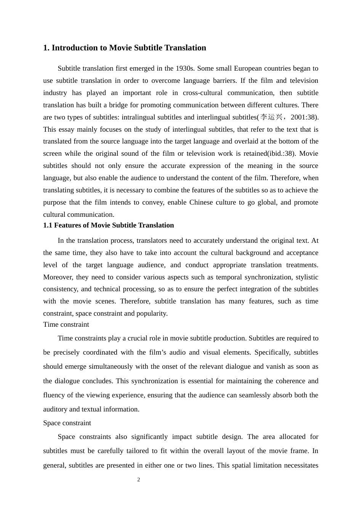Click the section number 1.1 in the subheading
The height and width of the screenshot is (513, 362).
pyautogui.click(x=48, y=225)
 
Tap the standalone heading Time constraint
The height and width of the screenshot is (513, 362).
pyautogui.click(x=66, y=324)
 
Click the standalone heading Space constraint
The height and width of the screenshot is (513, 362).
pyautogui.click(x=67, y=423)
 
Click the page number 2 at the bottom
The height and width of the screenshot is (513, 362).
pyautogui.click(x=139, y=480)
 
